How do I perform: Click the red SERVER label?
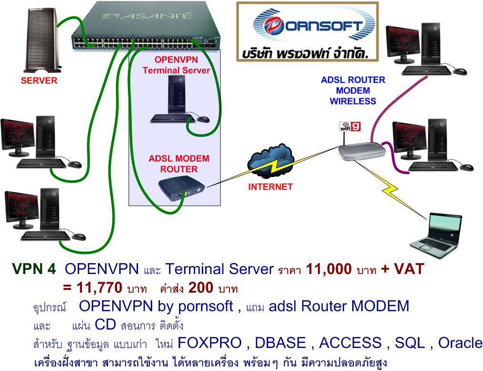pos(39,81)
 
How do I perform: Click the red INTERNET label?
pos(270,187)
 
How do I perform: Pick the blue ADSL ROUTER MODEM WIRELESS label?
pos(353,90)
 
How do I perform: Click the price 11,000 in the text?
pos(329,269)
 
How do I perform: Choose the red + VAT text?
pos(402,269)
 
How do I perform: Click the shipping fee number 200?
pos(201,288)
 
